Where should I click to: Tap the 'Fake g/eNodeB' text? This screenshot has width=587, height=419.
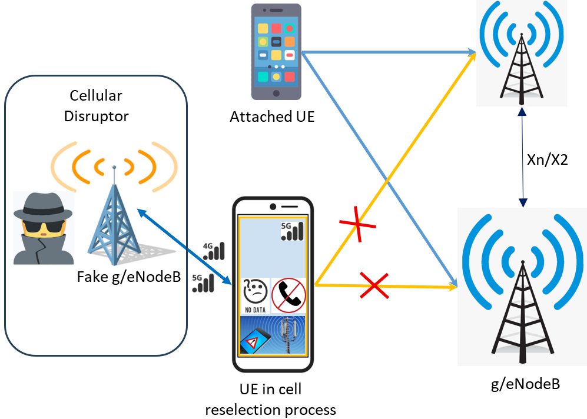pos(128,276)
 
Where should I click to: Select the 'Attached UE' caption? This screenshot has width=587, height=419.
pos(272,117)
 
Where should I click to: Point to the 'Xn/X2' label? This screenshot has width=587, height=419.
pos(547,159)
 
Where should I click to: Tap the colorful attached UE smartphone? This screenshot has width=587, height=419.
pos(275,52)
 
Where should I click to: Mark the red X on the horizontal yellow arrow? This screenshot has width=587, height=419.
pos(374,285)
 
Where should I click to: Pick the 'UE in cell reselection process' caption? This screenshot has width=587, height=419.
pos(271,400)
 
